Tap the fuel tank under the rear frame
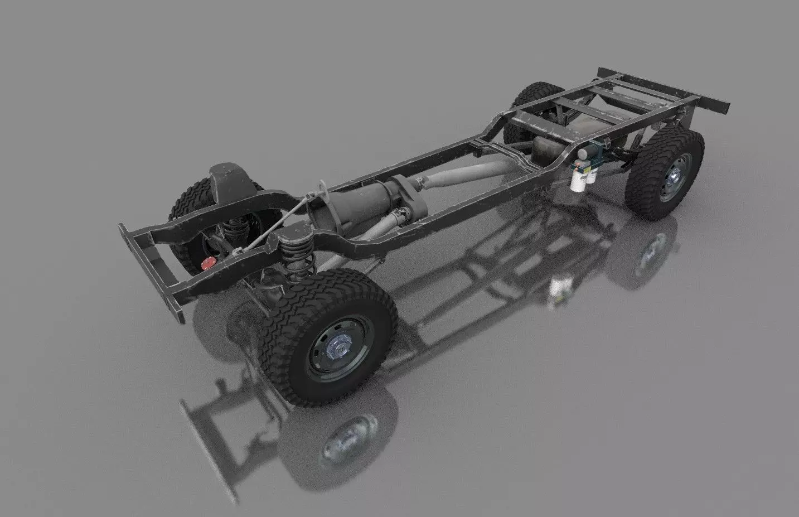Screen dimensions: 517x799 563,139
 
